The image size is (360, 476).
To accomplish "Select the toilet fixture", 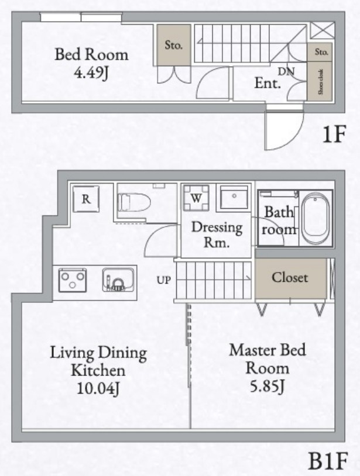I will pos(134,202).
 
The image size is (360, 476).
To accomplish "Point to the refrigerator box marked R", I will pos(85,199).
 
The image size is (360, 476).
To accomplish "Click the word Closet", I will pos(290,277).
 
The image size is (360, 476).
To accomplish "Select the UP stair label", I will pos(163,280).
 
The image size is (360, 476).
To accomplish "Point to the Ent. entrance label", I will pos(268,83).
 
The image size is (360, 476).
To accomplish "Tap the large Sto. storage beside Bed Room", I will pos(173,45).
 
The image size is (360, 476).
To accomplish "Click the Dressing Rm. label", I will pos(217,234).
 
